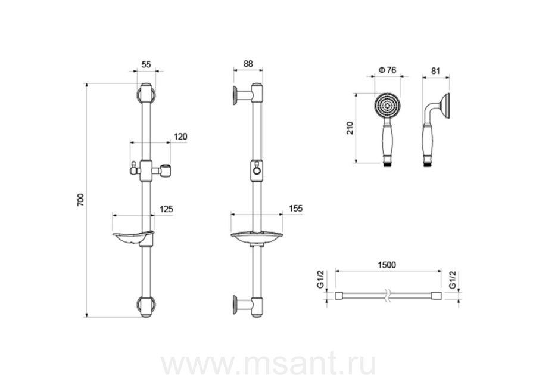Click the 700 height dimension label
80,200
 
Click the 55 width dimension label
146,64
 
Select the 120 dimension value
180,137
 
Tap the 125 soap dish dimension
166,209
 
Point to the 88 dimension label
248,64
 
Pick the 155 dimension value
295,209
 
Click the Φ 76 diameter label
387,70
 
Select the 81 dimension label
435,71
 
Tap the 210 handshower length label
350,128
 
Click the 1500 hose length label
387,265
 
